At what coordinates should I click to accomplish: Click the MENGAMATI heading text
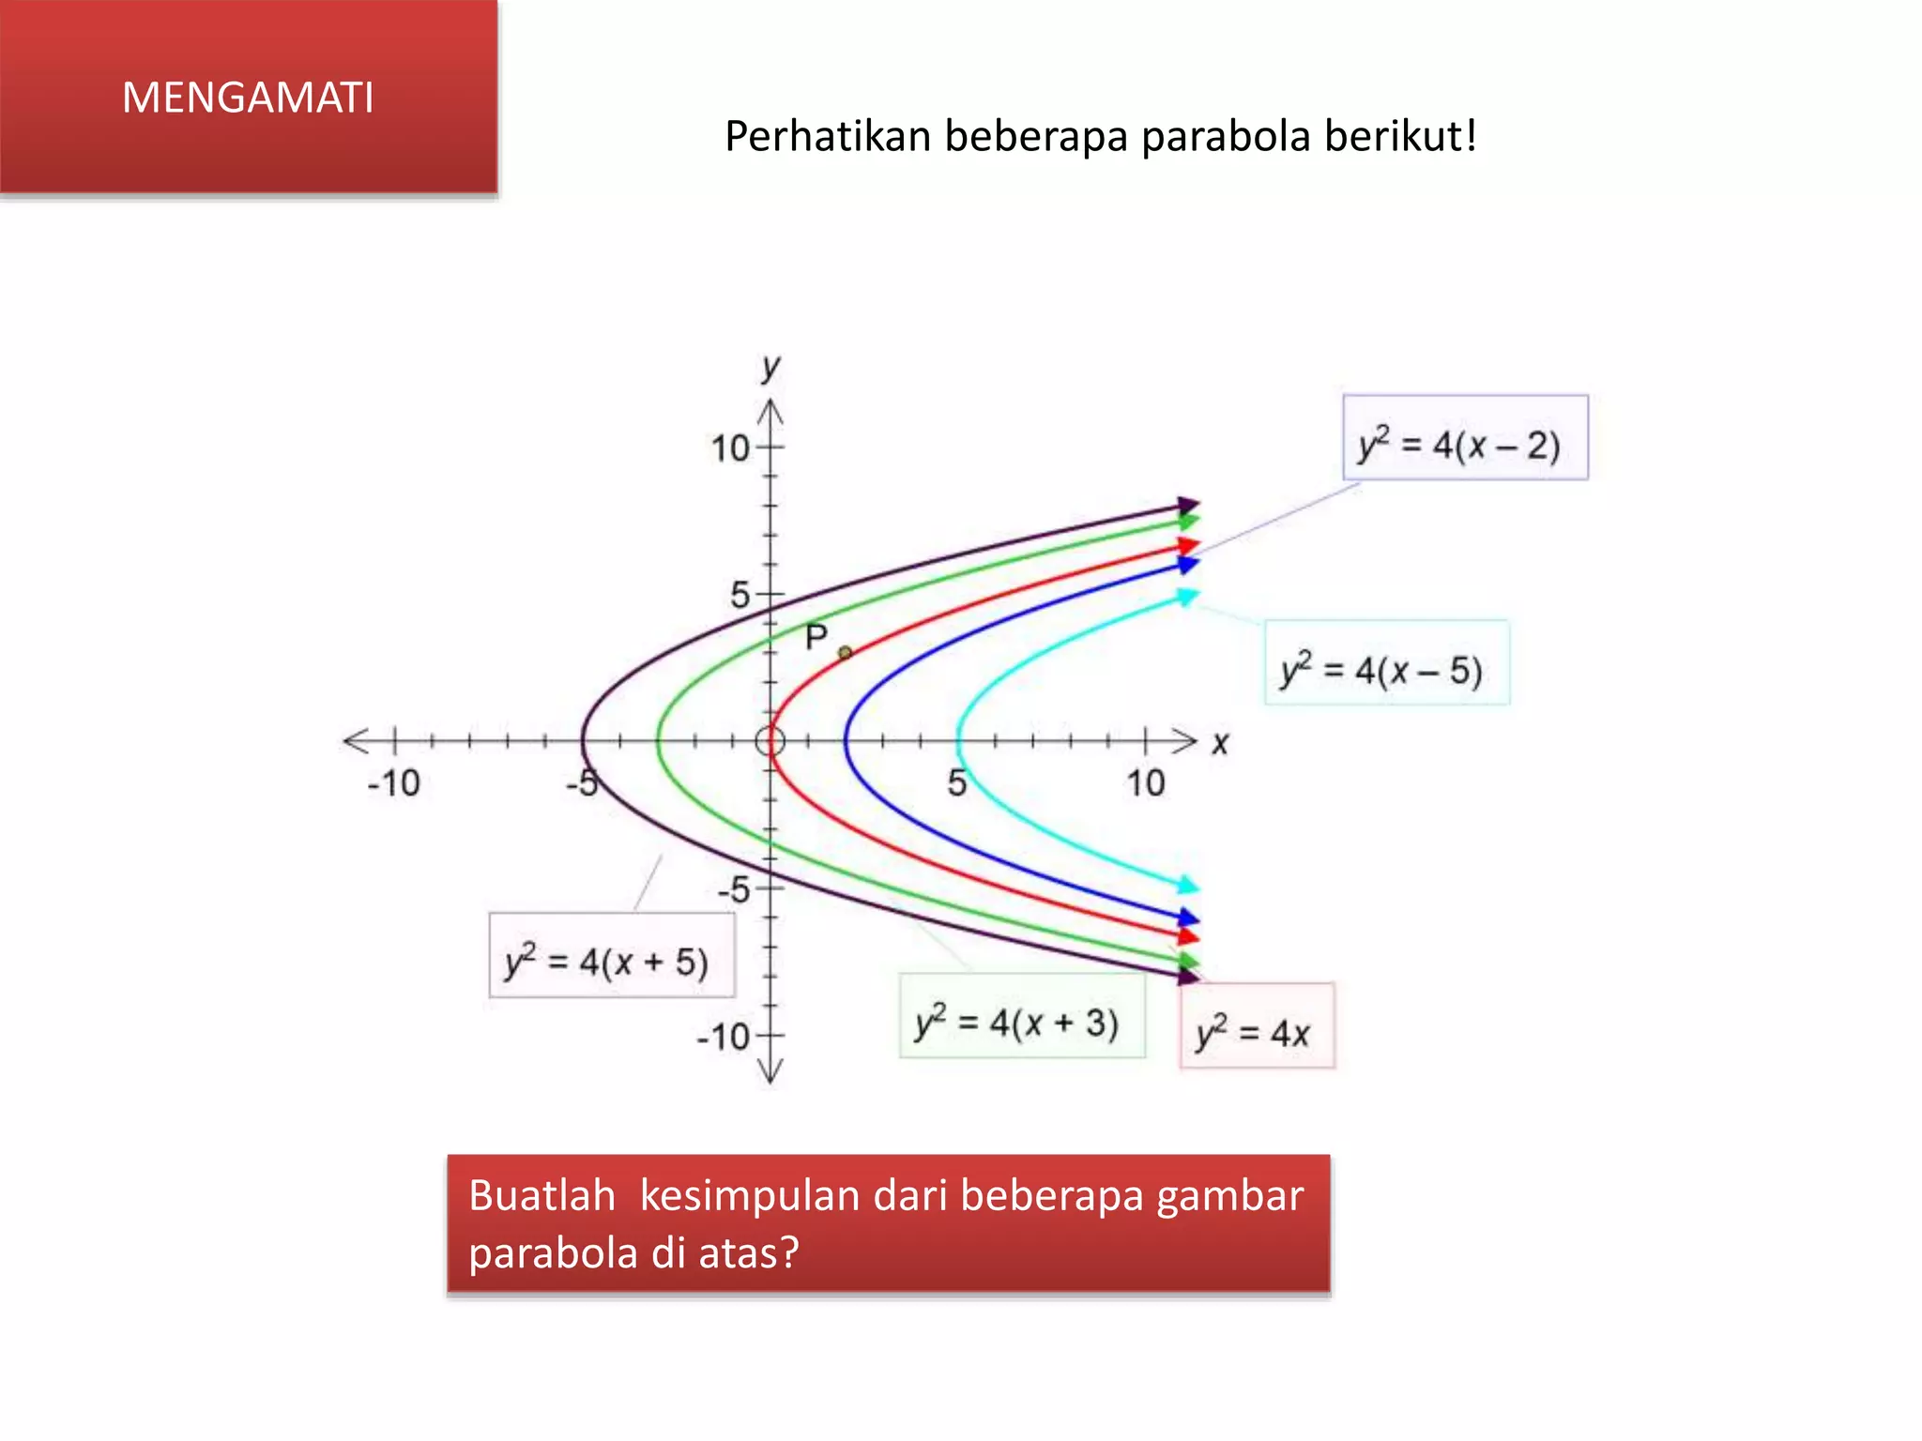click(x=248, y=98)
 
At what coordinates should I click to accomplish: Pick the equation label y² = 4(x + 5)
click(x=611, y=956)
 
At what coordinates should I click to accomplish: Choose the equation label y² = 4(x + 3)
click(x=1021, y=1017)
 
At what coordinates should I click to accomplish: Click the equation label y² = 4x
click(x=1256, y=1027)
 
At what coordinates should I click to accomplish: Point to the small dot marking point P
click(x=845, y=652)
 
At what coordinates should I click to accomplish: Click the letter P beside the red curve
click(x=816, y=637)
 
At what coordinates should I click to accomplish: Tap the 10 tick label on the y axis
click(x=730, y=448)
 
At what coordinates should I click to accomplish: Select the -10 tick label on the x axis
click(x=393, y=782)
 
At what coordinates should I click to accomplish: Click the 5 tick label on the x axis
click(x=956, y=782)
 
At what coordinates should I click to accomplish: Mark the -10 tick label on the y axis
click(x=724, y=1037)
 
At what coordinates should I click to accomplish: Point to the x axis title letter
click(x=1219, y=744)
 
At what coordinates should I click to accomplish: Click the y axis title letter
click(x=770, y=367)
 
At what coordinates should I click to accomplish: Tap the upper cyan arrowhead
click(x=1188, y=597)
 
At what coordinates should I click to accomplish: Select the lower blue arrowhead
click(x=1188, y=917)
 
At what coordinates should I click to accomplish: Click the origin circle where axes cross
click(x=770, y=741)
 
